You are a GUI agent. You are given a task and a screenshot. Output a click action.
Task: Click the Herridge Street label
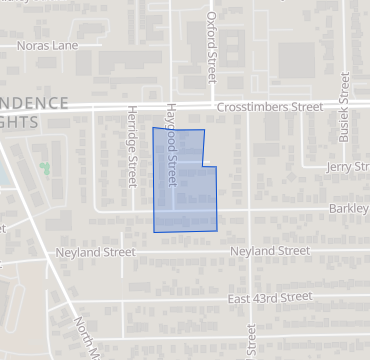[131, 146]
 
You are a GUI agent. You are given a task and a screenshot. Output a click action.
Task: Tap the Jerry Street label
[348, 167]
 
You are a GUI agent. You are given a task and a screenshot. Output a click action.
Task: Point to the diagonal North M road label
[89, 338]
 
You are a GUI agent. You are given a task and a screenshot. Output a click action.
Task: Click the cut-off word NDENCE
[34, 103]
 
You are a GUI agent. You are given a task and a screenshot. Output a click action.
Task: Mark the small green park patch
[44, 167]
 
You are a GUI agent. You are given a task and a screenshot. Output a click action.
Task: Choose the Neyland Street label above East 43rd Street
[269, 251]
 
